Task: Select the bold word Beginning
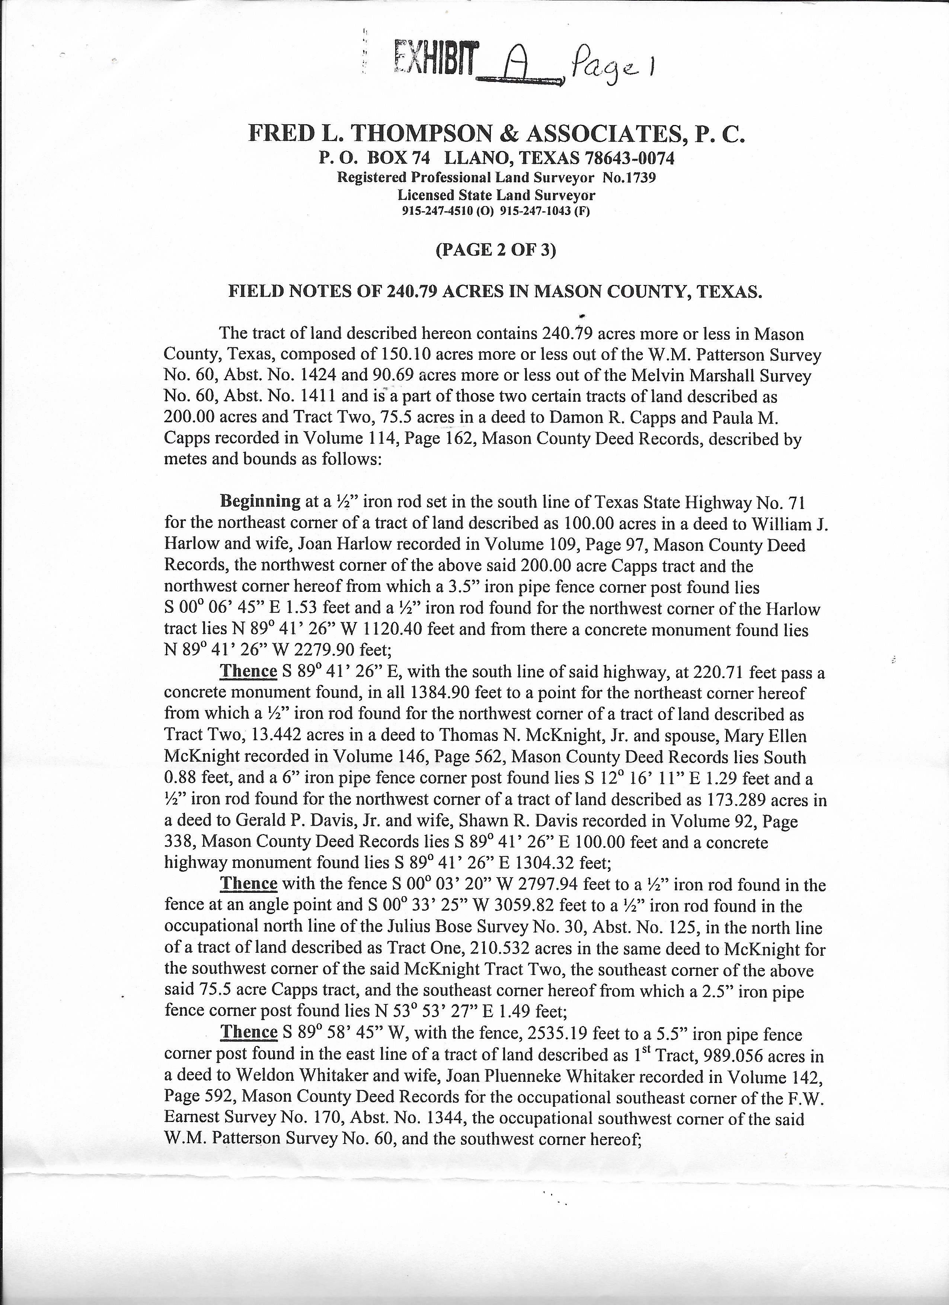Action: coord(260,501)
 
